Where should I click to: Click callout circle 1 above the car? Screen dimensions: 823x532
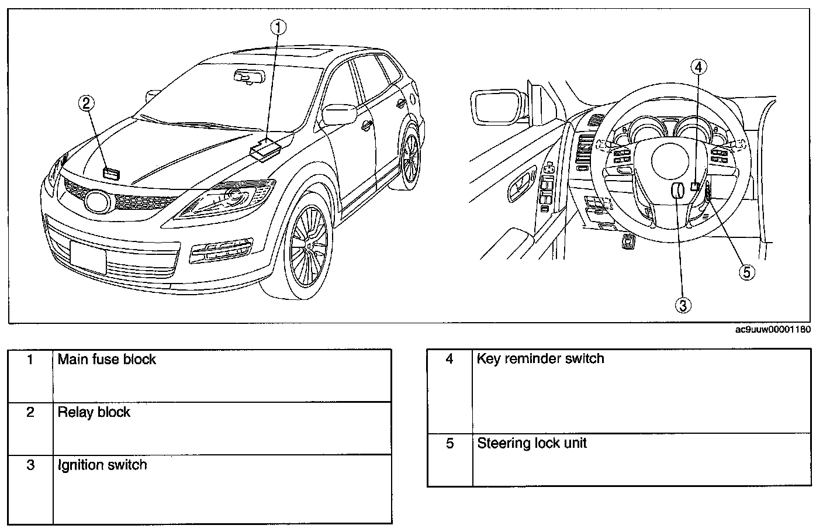279,26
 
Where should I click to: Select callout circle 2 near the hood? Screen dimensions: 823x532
87,103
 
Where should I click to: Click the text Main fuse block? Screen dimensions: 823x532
107,359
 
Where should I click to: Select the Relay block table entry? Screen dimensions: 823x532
94,412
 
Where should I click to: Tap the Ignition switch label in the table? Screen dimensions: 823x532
102,465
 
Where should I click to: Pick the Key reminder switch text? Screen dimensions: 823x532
540,358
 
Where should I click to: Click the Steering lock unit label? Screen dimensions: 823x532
532,443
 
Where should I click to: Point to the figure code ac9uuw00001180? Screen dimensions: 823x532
773,330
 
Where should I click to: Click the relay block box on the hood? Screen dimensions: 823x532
111,173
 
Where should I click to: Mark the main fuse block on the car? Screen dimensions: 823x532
267,148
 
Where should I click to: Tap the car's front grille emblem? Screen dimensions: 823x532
96,202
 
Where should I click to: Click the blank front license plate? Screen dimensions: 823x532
88,256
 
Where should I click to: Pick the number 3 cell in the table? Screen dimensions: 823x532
30,465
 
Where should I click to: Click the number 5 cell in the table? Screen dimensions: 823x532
449,443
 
